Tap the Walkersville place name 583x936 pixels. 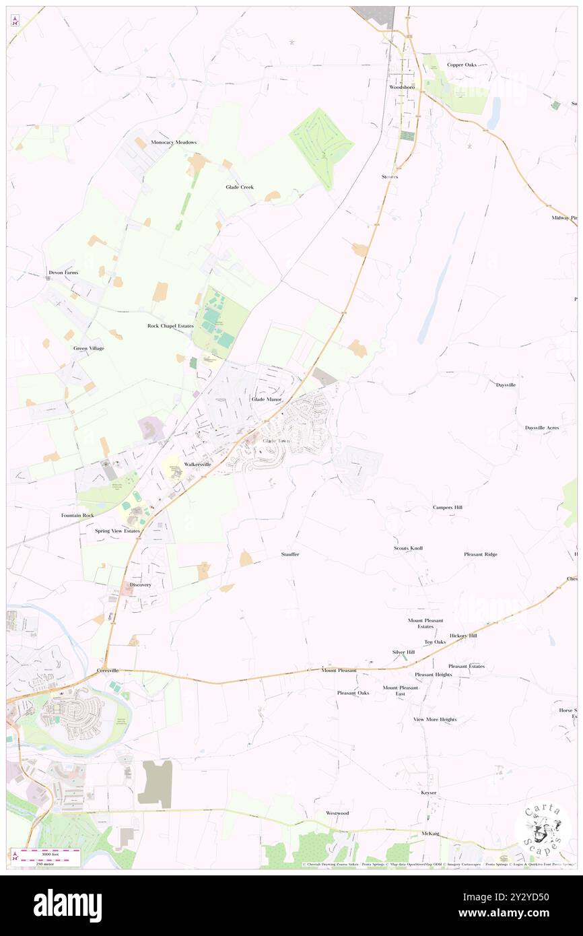194,465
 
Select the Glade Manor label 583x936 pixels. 266,399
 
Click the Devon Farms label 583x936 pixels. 63,273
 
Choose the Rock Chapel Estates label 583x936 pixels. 170,326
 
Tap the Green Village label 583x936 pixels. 89,348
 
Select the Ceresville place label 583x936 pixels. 107,671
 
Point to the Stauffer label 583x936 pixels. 290,554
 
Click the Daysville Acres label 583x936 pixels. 542,428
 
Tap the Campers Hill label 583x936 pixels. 447,507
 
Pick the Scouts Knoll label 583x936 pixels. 408,549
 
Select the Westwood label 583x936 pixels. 337,813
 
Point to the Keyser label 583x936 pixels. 429,793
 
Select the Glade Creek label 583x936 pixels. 240,187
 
